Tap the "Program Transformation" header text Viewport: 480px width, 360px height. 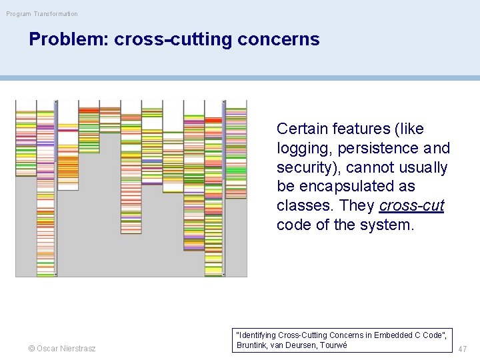click(x=42, y=13)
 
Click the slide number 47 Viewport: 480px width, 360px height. click(x=463, y=349)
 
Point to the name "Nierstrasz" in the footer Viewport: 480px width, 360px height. click(x=77, y=349)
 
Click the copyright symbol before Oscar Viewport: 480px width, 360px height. click(x=31, y=349)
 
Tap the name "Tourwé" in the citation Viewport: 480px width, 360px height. click(x=333, y=345)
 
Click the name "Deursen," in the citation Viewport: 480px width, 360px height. click(x=299, y=345)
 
